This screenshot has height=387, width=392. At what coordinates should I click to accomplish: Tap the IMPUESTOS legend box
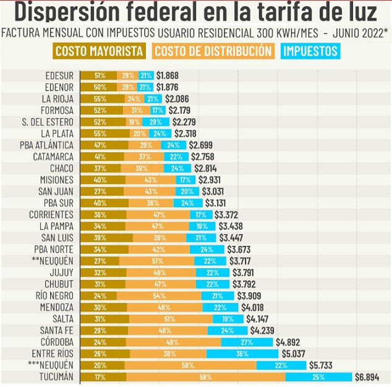311,51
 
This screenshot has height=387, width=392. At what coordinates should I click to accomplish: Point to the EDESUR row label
60,76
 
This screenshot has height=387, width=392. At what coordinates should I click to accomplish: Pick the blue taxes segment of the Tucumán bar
318,376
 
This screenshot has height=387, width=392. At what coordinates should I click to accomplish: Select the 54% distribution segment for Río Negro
159,295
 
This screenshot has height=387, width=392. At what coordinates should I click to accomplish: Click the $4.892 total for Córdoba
289,342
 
